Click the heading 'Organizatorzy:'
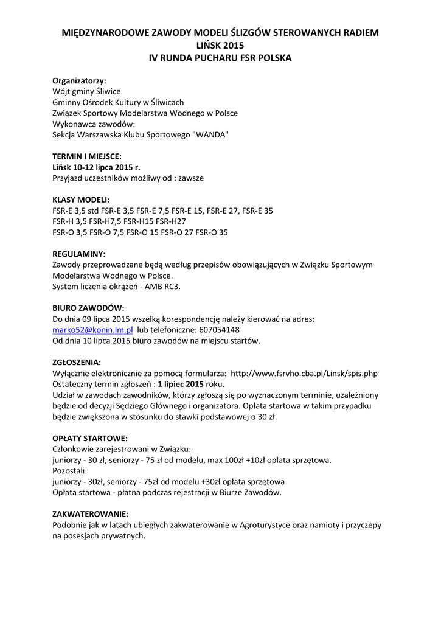coord(79,80)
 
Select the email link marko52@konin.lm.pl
coord(92,330)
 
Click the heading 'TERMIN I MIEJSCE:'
coord(87,156)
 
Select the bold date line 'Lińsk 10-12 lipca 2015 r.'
coord(100,167)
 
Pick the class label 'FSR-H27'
coord(172,221)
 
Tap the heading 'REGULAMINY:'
coord(79,254)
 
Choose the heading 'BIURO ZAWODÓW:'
coord(88,308)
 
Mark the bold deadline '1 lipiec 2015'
coord(180,384)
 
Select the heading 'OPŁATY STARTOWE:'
coord(90,438)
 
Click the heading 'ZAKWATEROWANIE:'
coord(90,514)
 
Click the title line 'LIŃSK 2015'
coord(220,45)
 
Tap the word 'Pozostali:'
coord(70,471)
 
